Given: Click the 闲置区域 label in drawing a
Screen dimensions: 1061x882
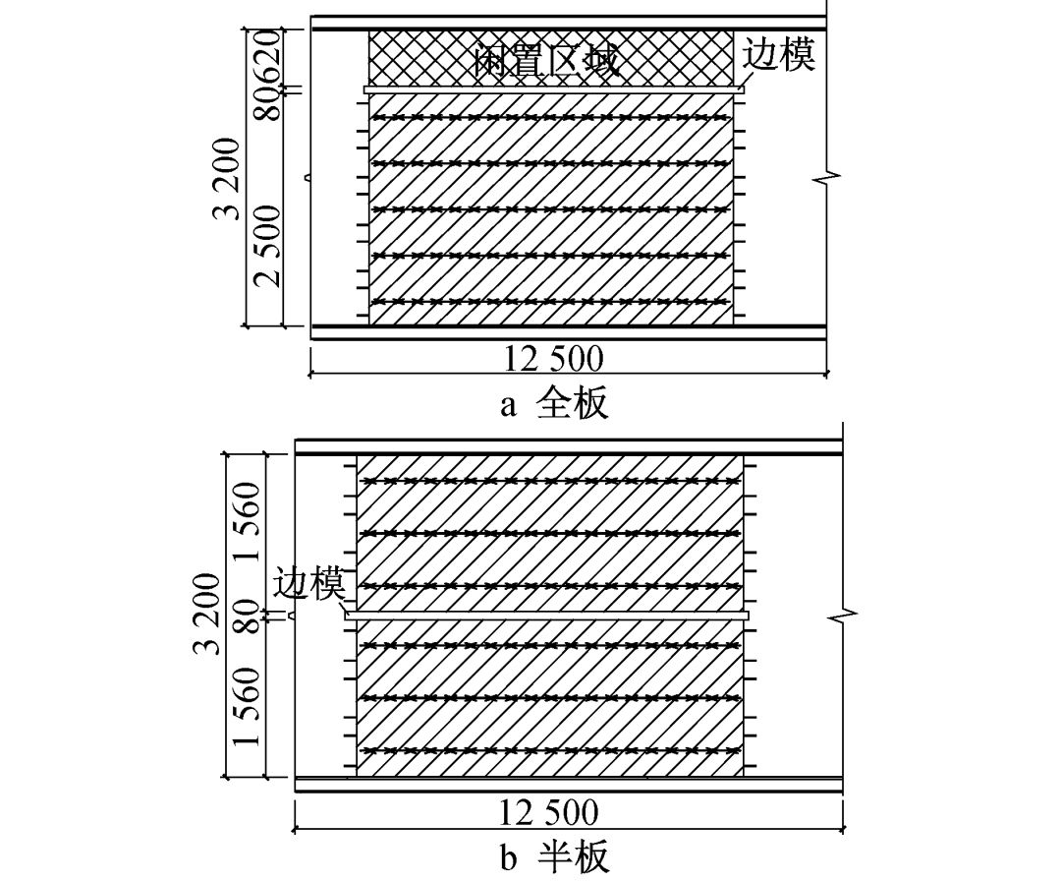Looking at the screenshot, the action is pyautogui.click(x=546, y=62).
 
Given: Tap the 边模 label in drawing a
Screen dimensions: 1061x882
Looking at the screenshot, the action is pyautogui.click(x=778, y=55).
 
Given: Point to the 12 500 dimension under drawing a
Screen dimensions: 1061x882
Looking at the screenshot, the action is pyautogui.click(x=554, y=358).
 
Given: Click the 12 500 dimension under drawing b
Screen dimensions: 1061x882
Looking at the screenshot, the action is pyautogui.click(x=548, y=813).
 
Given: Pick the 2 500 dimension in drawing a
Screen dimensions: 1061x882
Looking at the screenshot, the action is pyautogui.click(x=267, y=245).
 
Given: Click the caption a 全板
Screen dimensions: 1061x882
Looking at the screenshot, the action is pyautogui.click(x=554, y=404).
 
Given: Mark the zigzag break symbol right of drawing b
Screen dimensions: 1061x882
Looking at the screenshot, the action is pyautogui.click(x=843, y=617).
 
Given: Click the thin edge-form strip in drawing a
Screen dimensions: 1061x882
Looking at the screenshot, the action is pyautogui.click(x=554, y=89).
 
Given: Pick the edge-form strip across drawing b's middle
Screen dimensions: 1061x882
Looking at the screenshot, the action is pyautogui.click(x=546, y=616).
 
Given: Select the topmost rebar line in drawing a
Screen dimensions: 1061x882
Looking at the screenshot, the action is pyautogui.click(x=550, y=118).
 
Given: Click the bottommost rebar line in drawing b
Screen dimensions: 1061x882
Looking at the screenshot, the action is pyautogui.click(x=550, y=750).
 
